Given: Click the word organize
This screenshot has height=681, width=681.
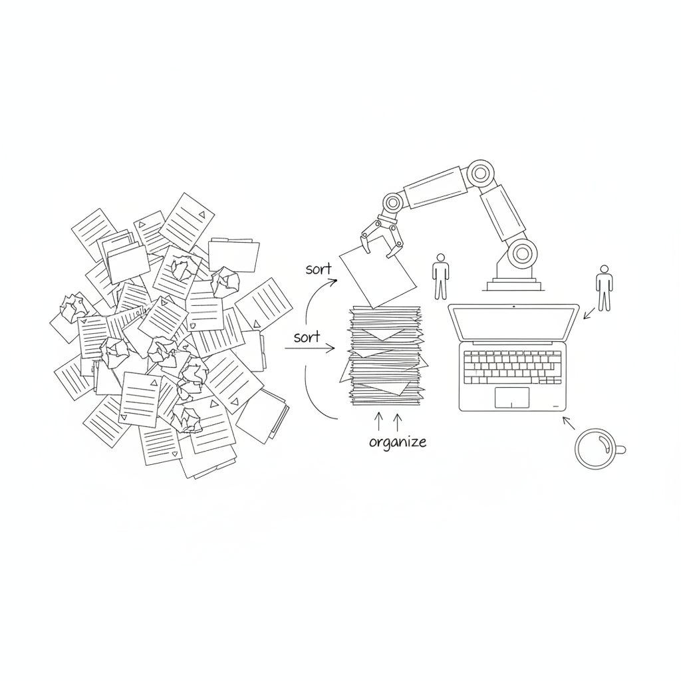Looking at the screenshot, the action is pos(398,442).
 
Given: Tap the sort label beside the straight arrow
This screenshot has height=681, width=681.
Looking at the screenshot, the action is pos(307,337).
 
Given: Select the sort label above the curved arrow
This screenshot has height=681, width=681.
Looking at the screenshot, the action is pos(319,269).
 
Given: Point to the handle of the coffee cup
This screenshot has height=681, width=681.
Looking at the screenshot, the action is pos(621,450).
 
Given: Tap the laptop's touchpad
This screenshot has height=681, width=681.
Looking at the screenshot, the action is pos(512,398).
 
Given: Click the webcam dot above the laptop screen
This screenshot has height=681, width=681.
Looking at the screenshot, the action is pos(514,307).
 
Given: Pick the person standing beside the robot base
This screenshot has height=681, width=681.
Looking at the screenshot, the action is pos(441,277).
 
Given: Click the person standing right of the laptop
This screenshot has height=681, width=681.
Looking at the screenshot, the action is pos(604,288).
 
